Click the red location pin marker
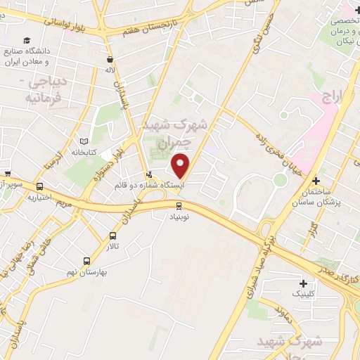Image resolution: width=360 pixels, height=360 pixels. [x=181, y=165]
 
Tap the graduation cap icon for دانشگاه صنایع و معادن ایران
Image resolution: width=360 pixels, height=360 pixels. [x=26, y=41]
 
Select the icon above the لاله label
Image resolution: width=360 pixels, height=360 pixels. [x=110, y=60]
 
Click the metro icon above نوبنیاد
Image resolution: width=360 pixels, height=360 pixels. [x=179, y=205]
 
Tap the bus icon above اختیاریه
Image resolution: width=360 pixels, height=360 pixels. [x=39, y=187]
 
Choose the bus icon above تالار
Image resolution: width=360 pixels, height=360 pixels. [x=113, y=236]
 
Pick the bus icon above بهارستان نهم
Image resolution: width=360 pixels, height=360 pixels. [x=86, y=260]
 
